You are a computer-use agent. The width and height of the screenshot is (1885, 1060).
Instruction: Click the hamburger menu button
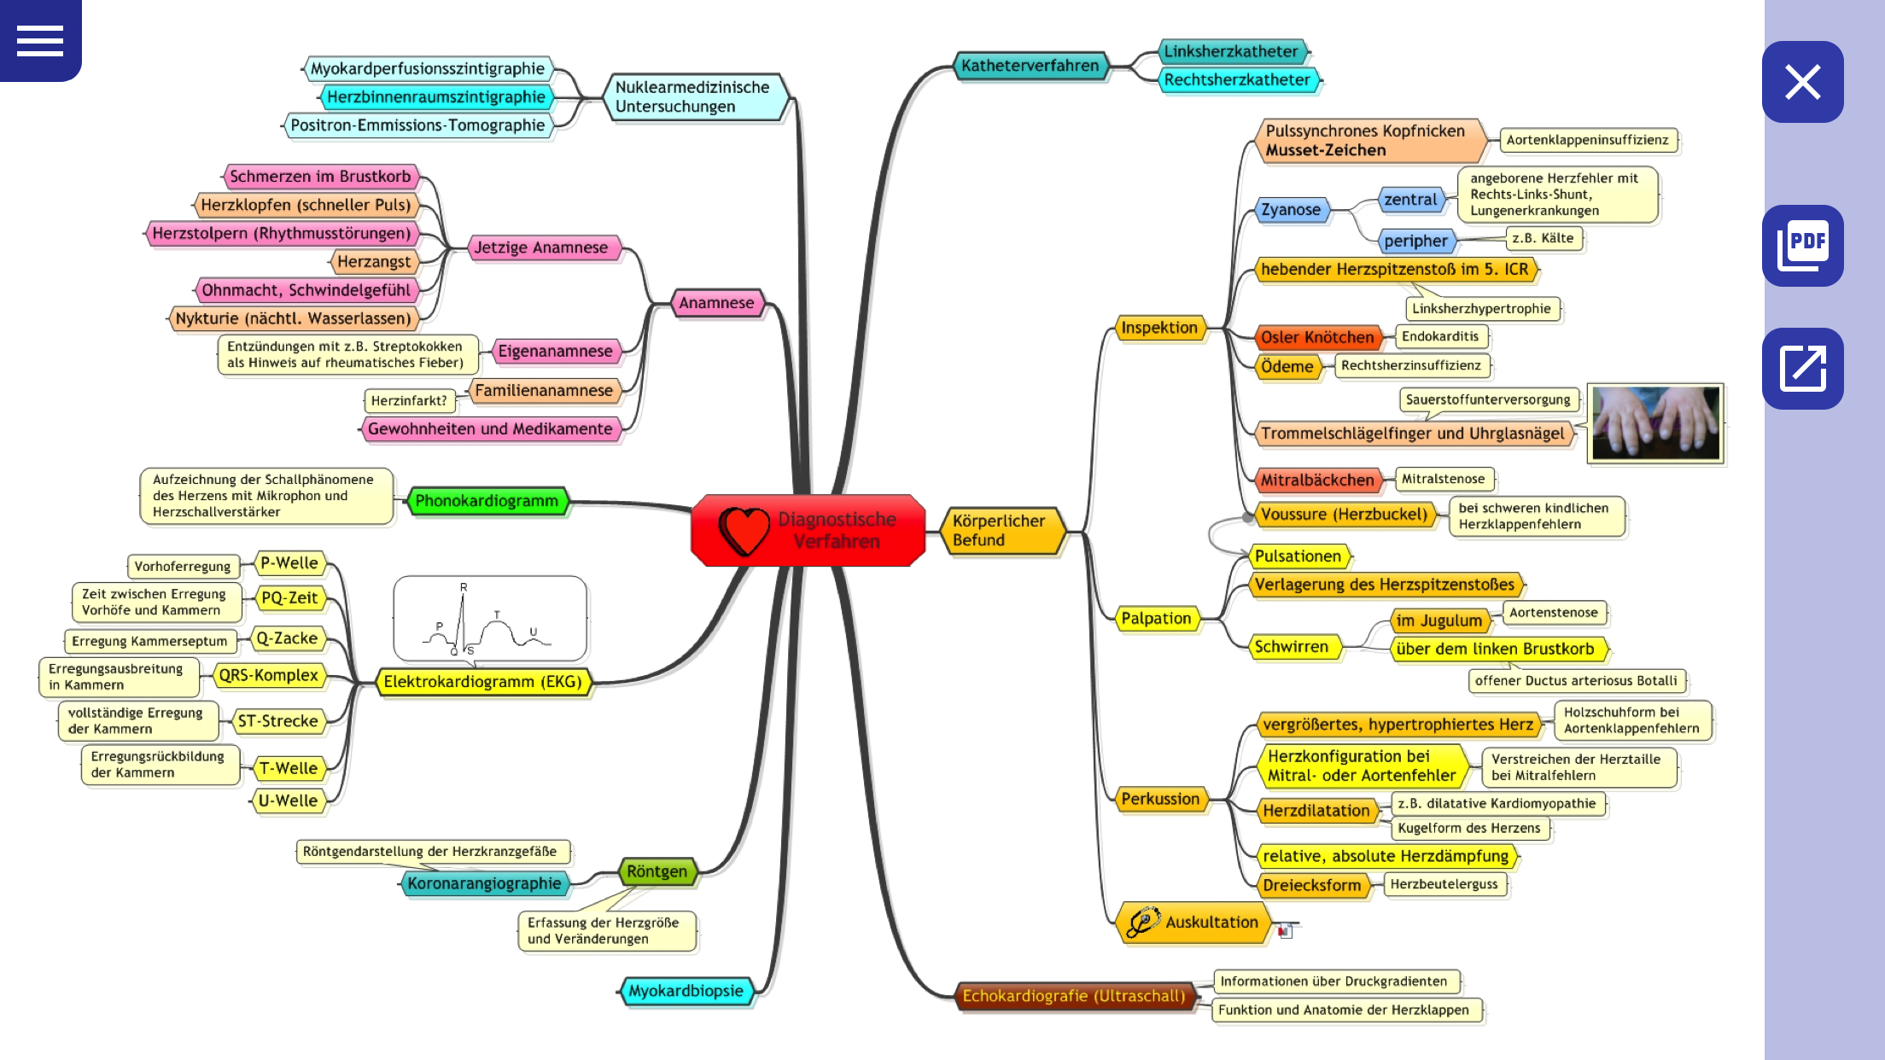click(40, 40)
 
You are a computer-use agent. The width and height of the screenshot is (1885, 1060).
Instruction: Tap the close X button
click(1802, 82)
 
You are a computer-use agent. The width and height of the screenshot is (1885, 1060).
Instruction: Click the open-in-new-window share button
click(1802, 368)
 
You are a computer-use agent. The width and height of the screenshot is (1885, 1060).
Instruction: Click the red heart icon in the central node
click(744, 530)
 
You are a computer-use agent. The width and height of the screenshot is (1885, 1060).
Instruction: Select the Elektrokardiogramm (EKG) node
click(483, 682)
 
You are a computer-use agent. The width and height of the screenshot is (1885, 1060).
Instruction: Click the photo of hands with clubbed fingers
click(1655, 423)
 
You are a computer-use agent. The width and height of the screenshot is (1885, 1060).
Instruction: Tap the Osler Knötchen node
click(1317, 337)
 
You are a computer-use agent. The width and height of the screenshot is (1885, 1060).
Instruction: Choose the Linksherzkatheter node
click(1230, 51)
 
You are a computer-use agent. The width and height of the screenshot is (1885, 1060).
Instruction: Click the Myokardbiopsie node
click(686, 991)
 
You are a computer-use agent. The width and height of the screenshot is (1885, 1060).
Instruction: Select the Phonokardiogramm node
click(487, 501)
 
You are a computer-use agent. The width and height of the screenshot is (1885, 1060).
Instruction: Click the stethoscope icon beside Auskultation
click(1142, 922)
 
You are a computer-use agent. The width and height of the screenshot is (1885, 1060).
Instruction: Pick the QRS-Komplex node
click(268, 675)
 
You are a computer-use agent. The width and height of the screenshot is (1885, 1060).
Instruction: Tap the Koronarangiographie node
click(484, 883)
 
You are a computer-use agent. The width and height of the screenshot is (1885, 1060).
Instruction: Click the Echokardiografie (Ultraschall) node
click(1074, 996)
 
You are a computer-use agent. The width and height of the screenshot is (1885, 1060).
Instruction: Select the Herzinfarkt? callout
click(409, 400)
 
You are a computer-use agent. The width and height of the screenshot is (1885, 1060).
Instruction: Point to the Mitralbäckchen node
click(1317, 480)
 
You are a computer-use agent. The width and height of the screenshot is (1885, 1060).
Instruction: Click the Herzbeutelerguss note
click(1444, 884)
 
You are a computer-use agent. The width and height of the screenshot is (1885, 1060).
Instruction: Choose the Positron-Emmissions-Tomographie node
click(417, 125)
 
